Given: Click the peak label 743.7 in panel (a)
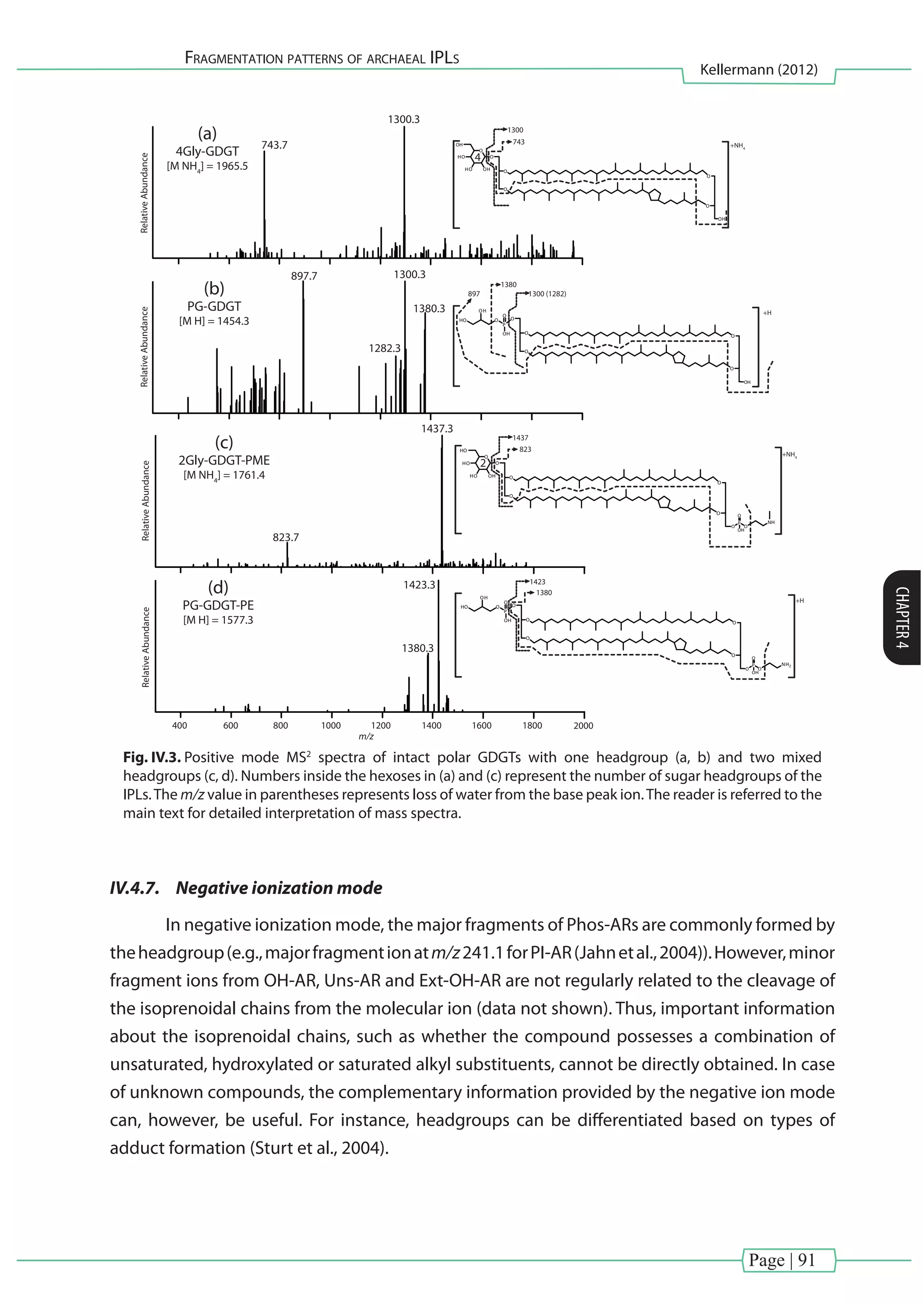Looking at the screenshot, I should coord(274,145).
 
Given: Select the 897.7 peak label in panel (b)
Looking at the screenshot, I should coord(304,276).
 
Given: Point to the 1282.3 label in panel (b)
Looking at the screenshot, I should coord(384,348).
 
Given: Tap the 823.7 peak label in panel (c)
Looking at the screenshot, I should coord(285,537).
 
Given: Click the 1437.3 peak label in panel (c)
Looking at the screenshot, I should coord(437,429).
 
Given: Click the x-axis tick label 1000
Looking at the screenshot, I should coord(331,726).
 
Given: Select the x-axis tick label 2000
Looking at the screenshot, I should coord(583,726).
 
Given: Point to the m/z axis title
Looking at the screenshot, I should coord(366,737).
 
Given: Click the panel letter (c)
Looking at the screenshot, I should coord(224,442).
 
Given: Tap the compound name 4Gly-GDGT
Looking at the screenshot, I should coord(207,151).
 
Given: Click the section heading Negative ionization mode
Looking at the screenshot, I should coord(279,888).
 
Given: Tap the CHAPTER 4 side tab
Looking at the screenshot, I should coord(902,617).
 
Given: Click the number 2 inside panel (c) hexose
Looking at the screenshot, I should coord(483,463).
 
